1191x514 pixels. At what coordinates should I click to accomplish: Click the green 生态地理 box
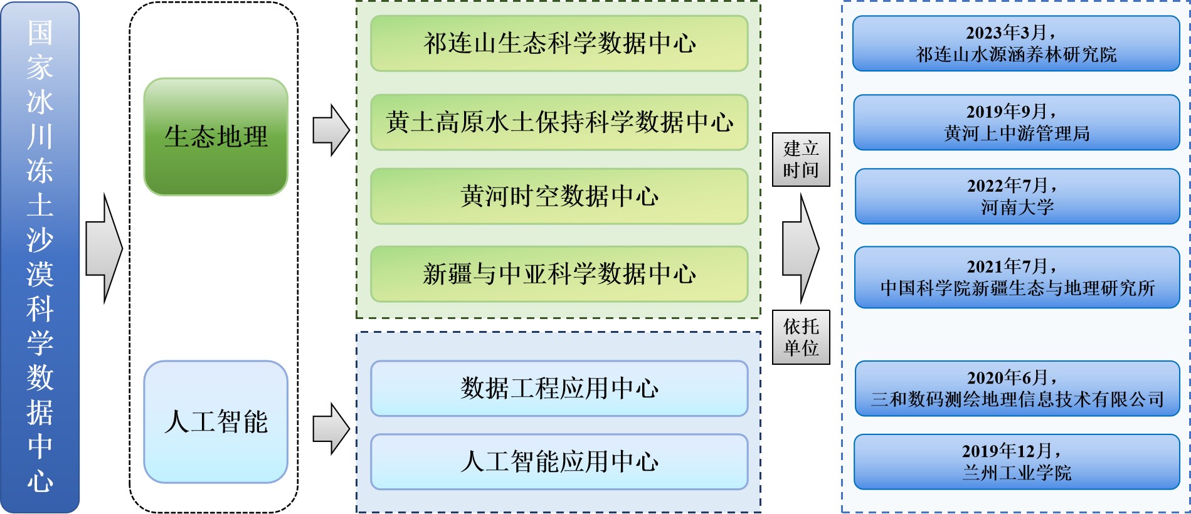point(216,137)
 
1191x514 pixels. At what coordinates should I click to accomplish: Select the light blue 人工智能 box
point(216,421)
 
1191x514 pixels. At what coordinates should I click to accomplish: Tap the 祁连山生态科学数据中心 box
point(559,43)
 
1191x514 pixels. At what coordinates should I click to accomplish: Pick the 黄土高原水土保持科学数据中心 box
point(559,122)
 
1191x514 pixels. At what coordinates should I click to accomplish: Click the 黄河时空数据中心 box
point(559,196)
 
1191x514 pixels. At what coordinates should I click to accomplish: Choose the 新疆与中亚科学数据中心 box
point(559,274)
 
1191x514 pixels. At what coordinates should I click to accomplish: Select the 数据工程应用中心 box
point(559,388)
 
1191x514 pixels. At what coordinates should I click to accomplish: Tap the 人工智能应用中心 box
point(559,462)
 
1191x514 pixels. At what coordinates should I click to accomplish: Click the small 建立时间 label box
point(801,159)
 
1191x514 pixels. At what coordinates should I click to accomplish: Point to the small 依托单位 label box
point(801,337)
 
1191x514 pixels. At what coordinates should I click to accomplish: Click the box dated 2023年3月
point(1016,43)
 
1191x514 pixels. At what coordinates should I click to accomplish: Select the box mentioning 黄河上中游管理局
point(1016,122)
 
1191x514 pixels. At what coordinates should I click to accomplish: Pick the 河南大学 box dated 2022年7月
point(1017,196)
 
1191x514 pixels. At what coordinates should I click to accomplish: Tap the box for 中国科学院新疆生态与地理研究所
point(1017,277)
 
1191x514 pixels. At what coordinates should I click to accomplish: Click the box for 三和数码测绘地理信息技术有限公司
point(1017,388)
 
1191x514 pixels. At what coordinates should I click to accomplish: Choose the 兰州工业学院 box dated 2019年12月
point(1016,462)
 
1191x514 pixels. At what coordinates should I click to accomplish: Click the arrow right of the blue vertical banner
point(103,248)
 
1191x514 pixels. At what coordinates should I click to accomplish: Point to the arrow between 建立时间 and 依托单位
point(800,248)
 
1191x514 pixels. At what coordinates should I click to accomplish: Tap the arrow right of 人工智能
point(331,429)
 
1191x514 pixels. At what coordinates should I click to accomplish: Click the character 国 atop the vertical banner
point(40,33)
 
